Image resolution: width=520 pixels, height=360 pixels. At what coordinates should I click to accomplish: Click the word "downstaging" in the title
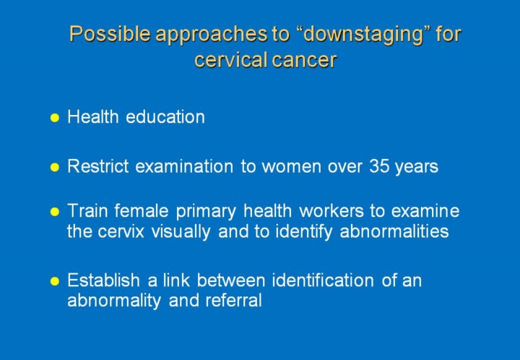point(363,35)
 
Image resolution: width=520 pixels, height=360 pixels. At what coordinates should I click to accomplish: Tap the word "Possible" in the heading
point(110,33)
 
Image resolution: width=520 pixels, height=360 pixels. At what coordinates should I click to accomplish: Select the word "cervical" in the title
point(231,60)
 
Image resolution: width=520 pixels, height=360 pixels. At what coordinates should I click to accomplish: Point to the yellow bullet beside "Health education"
point(54,118)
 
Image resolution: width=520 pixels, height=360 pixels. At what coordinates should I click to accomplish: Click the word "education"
point(165,117)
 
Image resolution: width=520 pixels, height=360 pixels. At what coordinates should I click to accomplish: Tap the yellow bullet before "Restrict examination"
point(54,167)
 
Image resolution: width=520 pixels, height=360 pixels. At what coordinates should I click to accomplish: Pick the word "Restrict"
point(98,166)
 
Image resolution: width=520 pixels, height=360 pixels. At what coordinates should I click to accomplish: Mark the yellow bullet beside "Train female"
point(54,212)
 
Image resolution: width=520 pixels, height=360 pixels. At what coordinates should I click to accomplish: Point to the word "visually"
point(181,231)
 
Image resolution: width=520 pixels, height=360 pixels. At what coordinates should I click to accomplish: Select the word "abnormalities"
point(394,231)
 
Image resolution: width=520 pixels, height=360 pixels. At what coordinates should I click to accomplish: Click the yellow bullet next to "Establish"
point(54,281)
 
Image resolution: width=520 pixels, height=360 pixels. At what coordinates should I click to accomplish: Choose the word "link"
point(176,280)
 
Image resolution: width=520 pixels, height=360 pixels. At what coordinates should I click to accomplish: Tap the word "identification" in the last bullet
point(323,280)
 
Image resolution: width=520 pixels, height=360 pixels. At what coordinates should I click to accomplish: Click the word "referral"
point(233,300)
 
